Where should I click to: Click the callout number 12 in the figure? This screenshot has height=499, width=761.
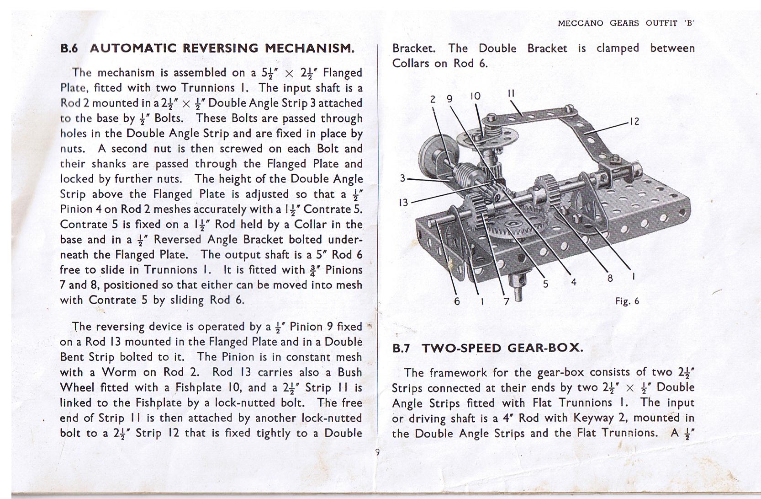coord(634,121)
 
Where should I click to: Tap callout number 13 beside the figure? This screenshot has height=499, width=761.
coord(403,202)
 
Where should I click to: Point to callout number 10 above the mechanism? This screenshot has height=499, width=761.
coord(475,97)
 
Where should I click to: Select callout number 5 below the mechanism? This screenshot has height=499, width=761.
coord(545,284)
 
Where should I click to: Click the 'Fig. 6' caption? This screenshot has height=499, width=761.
coord(627,301)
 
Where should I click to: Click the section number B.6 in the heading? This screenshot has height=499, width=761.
coord(69,48)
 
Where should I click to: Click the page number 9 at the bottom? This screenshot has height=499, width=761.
coord(377,452)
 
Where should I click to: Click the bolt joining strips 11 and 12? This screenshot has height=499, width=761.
coord(568,108)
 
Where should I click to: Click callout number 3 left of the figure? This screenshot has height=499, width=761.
coord(402,178)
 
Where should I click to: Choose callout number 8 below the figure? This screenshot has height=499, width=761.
coord(610,277)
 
